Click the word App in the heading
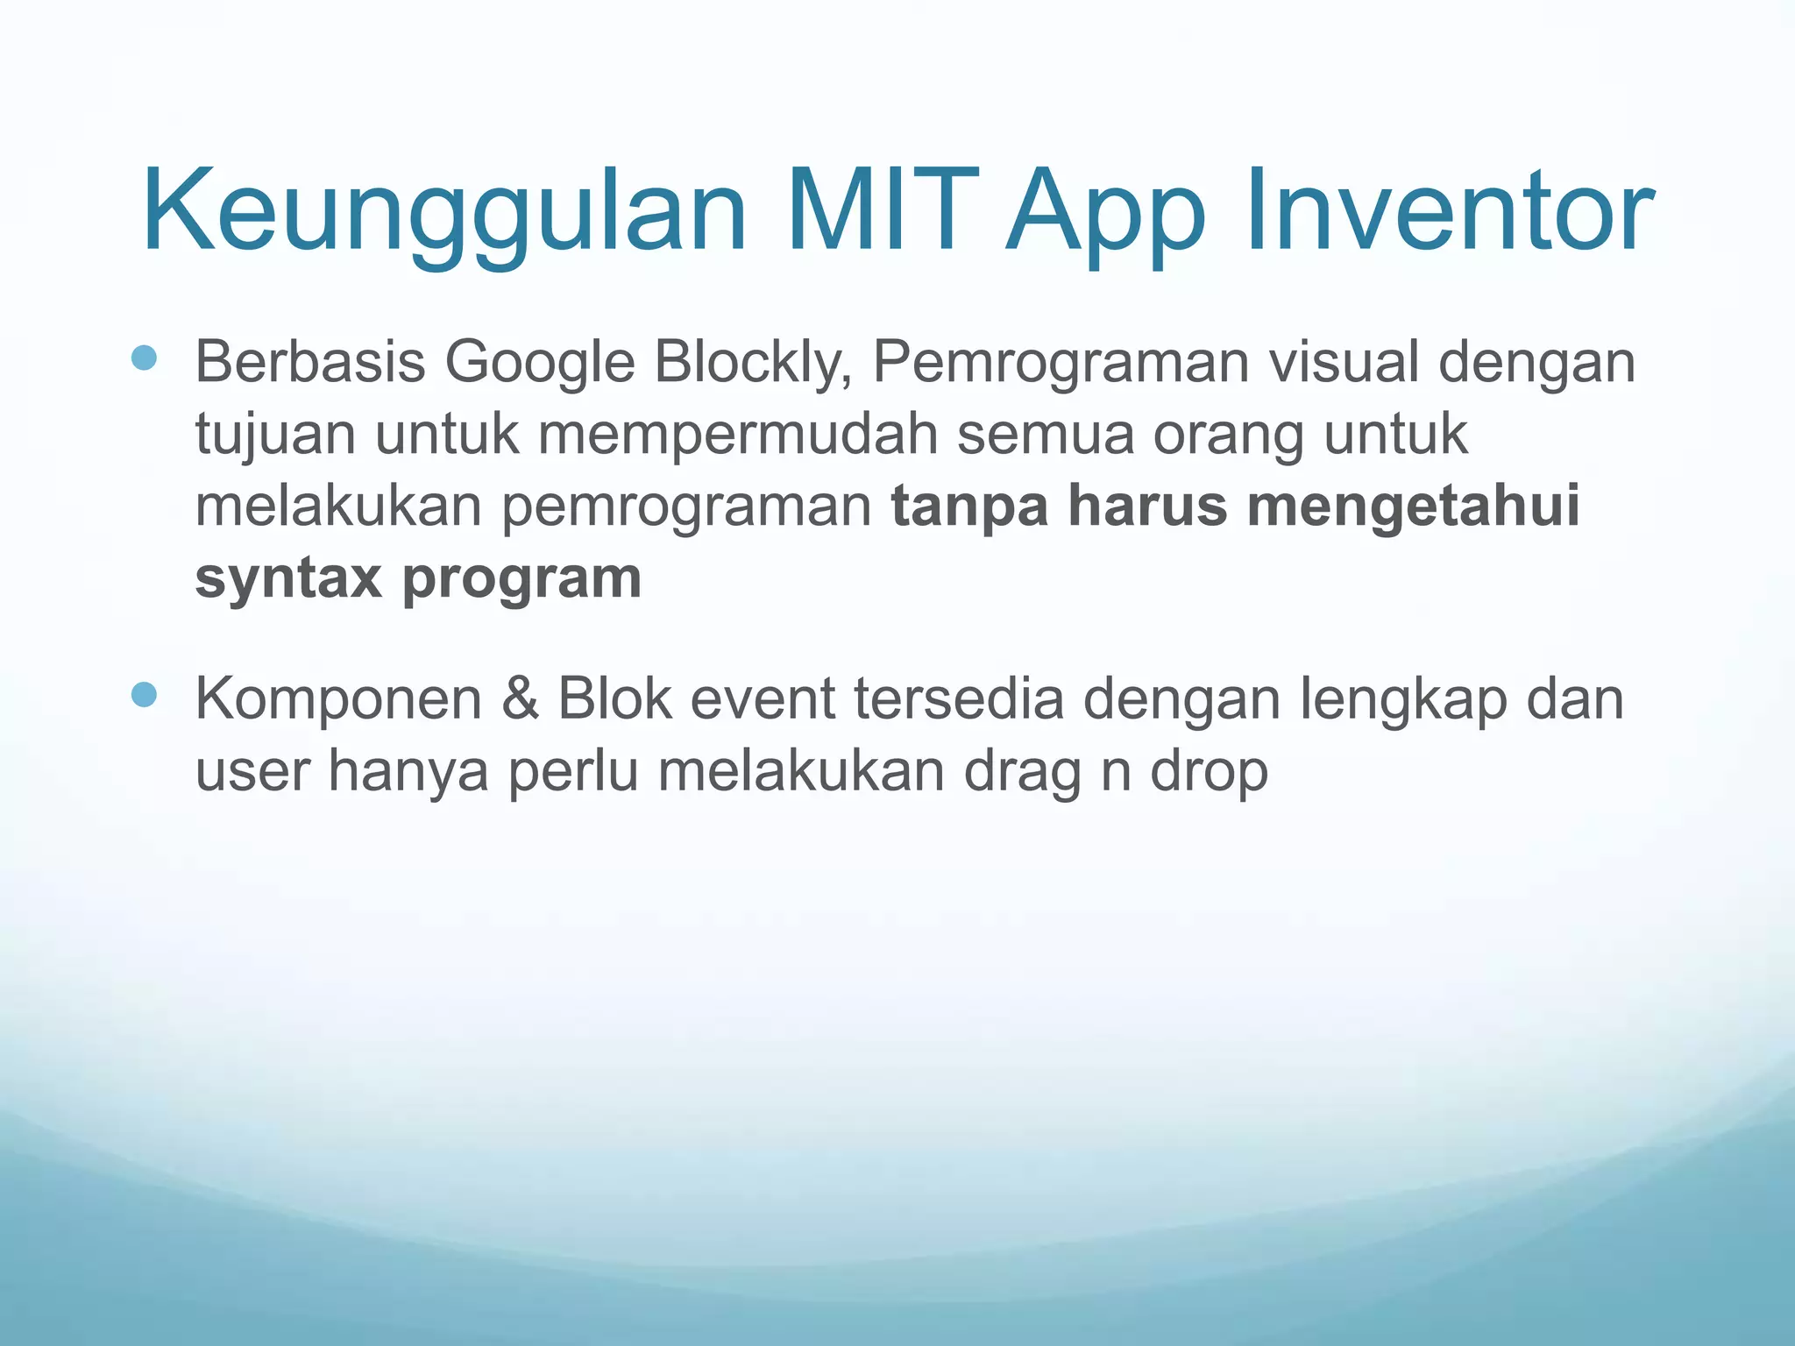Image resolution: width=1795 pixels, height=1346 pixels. coord(1107,212)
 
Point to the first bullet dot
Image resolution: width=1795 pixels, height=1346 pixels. coord(143,358)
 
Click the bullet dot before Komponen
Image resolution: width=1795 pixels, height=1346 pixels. coord(143,695)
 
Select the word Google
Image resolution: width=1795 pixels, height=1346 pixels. coord(539,362)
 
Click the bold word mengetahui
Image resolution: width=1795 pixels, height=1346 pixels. coord(1413,506)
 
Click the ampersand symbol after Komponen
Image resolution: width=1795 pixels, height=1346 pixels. coord(521,698)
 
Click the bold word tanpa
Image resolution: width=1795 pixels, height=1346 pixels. coord(969,507)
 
